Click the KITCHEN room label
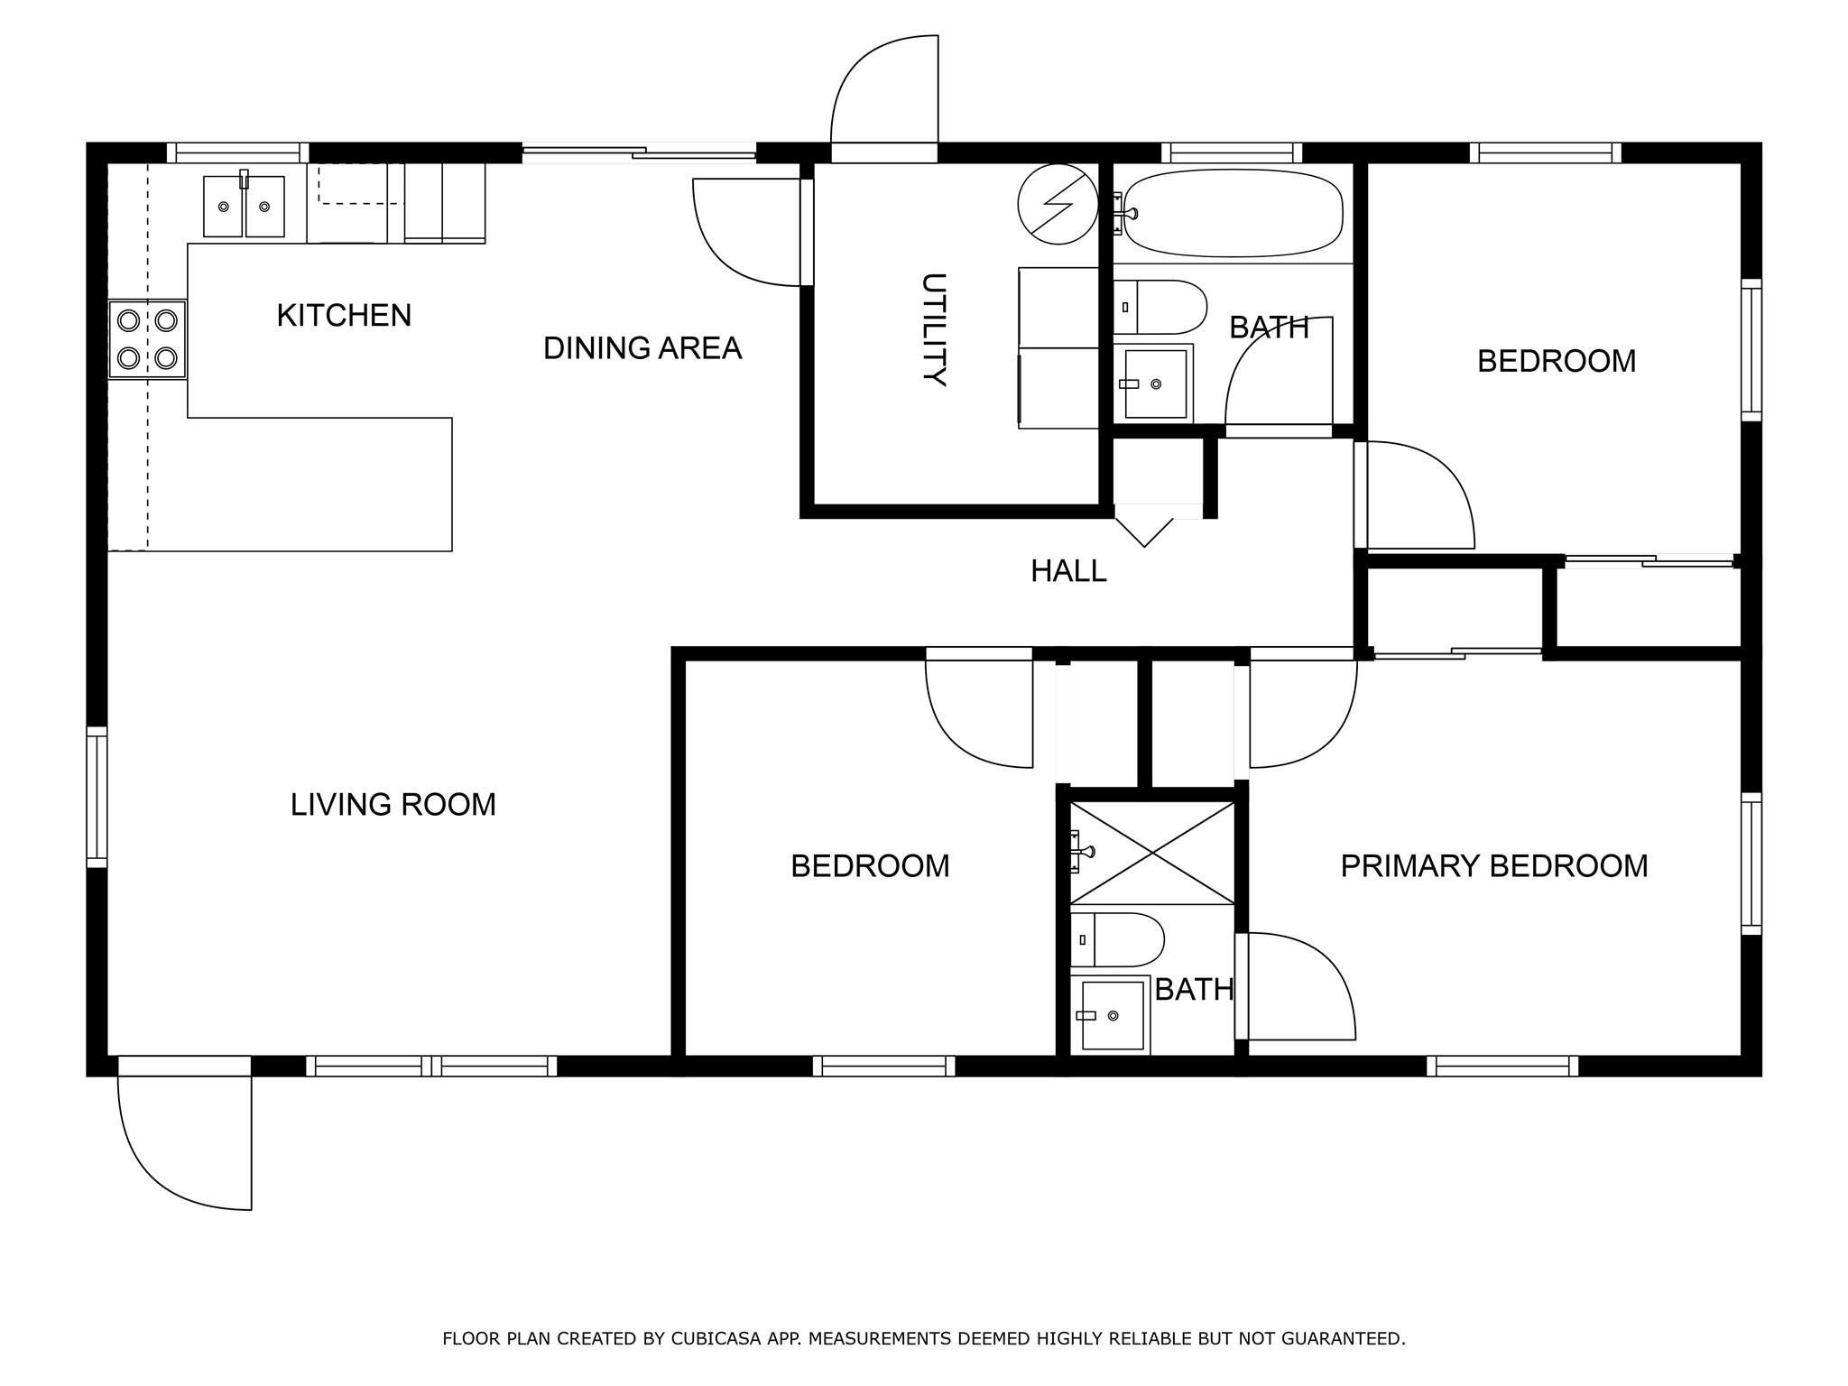[x=344, y=316]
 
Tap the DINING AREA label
[x=642, y=348]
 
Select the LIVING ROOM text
[x=393, y=805]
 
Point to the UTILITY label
[x=934, y=330]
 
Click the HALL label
[x=1069, y=571]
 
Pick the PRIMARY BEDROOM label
[x=1494, y=866]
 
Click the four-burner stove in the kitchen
[x=147, y=339]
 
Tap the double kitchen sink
[x=244, y=207]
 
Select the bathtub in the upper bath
[x=1234, y=213]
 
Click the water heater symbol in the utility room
[x=1058, y=204]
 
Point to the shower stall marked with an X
[x=1151, y=853]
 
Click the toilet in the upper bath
[x=1160, y=307]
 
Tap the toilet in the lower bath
[x=1117, y=940]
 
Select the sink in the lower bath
[x=1111, y=1015]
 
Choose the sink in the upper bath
[x=1153, y=383]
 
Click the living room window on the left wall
[x=97, y=798]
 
